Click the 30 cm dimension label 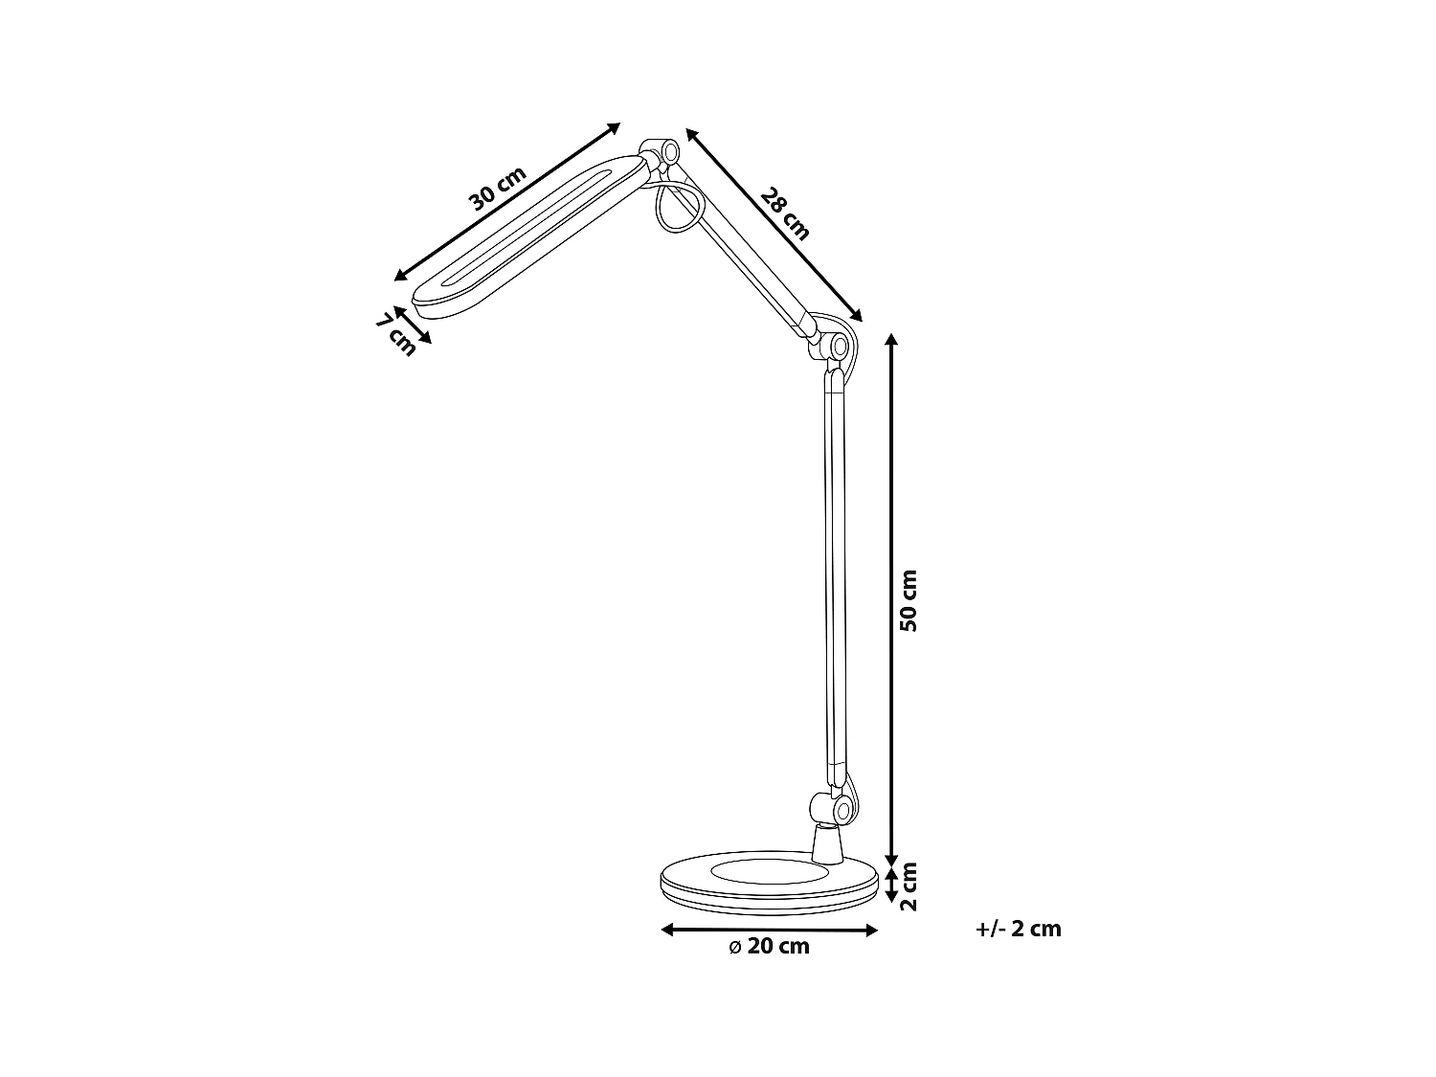[498, 189]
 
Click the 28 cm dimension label [785, 213]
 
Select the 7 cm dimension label [395, 334]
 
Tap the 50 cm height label [909, 600]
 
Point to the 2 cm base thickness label [909, 886]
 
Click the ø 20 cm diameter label [769, 947]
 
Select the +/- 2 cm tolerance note [1019, 929]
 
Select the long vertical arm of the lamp [836, 574]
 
